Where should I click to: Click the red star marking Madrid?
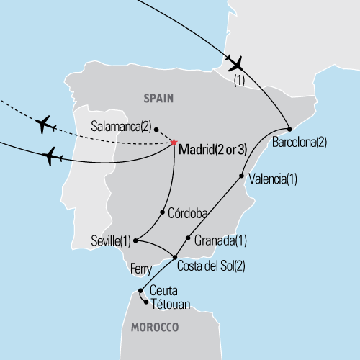pyautogui.click(x=175, y=141)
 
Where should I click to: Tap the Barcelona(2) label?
pyautogui.click(x=300, y=142)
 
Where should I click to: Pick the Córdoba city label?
pyautogui.click(x=187, y=213)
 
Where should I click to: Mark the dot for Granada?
pyautogui.click(x=188, y=238)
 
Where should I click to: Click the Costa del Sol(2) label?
pyautogui.click(x=211, y=266)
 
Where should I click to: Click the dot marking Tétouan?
pyautogui.click(x=147, y=302)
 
